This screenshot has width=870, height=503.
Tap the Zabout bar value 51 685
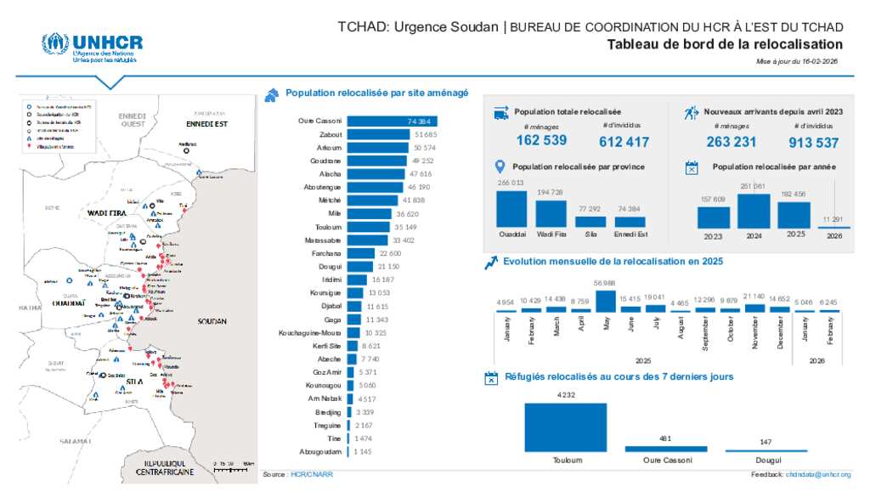pyautogui.click(x=425, y=134)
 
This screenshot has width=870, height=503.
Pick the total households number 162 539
pyautogui.click(x=541, y=140)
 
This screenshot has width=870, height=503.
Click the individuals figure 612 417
pyautogui.click(x=624, y=142)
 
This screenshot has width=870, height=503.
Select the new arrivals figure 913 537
pyautogui.click(x=813, y=142)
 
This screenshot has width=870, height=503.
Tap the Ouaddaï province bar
pyautogui.click(x=511, y=209)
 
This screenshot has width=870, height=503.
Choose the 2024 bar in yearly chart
pyautogui.click(x=754, y=211)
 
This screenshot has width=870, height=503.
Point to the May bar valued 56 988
pyautogui.click(x=605, y=302)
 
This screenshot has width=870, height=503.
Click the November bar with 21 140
pyautogui.click(x=754, y=308)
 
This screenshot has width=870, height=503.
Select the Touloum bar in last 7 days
pyautogui.click(x=566, y=427)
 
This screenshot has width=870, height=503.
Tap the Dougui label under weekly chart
pyautogui.click(x=766, y=460)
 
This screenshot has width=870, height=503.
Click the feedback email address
pyautogui.click(x=817, y=474)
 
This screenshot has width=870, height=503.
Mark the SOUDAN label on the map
pyautogui.click(x=211, y=322)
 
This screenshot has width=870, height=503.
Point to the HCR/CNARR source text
pyautogui.click(x=312, y=474)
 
